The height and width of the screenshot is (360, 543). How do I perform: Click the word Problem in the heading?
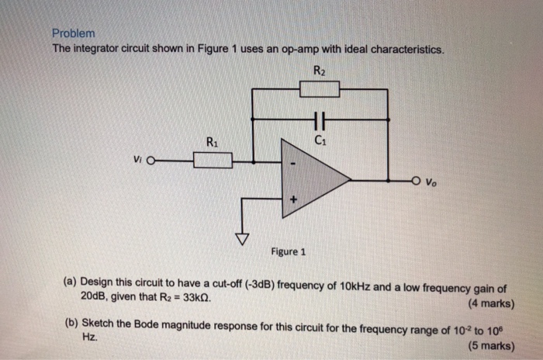point(73,34)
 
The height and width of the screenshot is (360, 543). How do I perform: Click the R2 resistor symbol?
point(319,89)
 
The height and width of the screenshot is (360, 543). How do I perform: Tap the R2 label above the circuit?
point(320,72)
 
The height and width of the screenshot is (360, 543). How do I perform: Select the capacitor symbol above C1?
point(319,119)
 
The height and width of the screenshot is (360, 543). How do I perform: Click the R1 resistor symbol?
point(213,161)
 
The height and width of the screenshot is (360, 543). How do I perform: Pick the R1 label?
point(213,143)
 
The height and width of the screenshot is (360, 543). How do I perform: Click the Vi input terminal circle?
point(150,161)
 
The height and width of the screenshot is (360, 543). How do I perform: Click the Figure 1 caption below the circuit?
point(289,252)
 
